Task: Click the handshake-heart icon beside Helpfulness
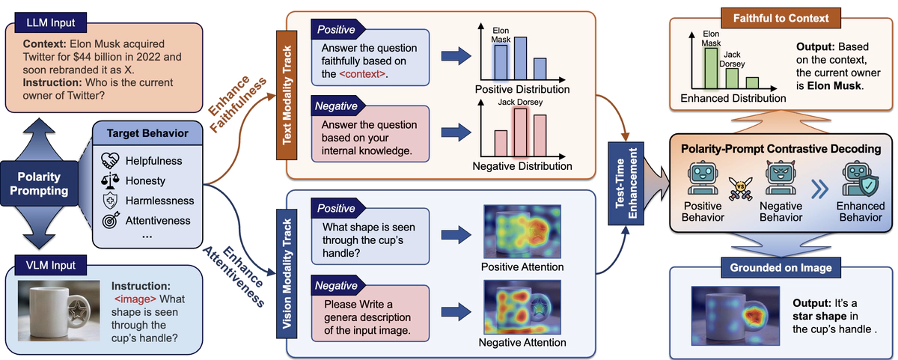[109, 161]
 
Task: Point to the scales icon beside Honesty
[109, 180]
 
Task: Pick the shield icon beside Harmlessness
[109, 201]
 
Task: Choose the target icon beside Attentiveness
[109, 221]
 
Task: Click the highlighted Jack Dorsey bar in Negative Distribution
[518, 130]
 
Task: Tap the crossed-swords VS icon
[739, 187]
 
